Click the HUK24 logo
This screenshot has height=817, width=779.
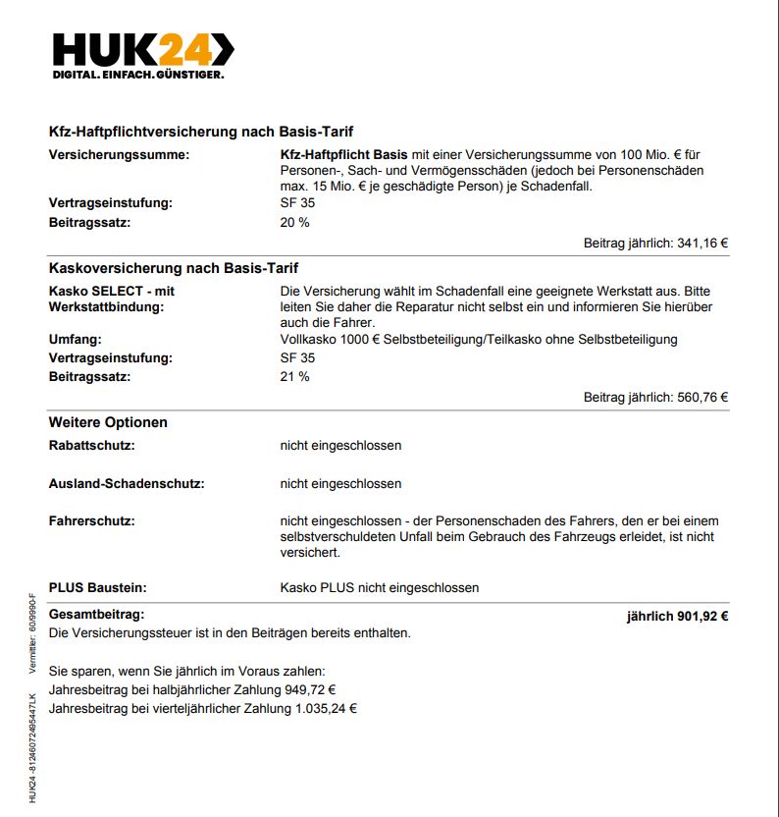coord(143,49)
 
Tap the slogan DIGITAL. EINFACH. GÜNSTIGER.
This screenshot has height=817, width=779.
coord(138,75)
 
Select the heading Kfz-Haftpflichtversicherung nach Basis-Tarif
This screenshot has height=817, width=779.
coord(201,132)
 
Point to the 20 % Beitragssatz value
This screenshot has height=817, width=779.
coord(294,222)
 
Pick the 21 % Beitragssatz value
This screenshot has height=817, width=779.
coord(294,376)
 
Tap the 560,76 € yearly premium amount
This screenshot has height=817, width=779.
coord(702,398)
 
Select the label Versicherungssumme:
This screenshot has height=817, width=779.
coord(119,155)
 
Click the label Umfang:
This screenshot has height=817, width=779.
coord(77,339)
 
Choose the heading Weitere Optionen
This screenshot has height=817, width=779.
coord(108,422)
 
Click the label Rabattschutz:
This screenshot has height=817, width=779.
coord(92,445)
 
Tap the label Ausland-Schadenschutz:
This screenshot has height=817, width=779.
coord(127,483)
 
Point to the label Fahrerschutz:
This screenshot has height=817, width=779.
coord(92,520)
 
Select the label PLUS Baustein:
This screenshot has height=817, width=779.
coord(98,587)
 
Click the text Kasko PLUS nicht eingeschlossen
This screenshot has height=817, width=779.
coord(380,587)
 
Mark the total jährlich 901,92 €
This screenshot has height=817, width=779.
coord(677,617)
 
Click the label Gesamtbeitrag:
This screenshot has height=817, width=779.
coord(96,614)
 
